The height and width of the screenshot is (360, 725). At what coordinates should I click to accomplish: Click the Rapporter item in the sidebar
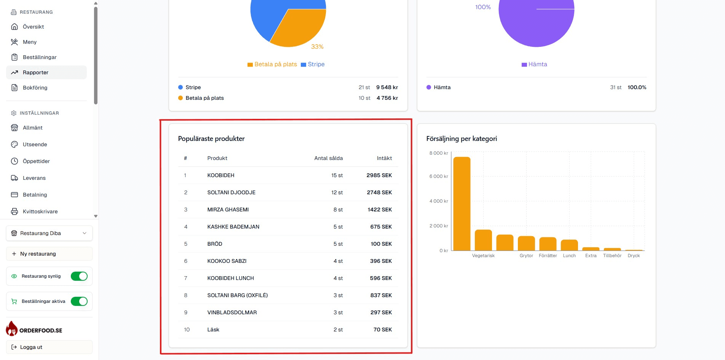click(35, 72)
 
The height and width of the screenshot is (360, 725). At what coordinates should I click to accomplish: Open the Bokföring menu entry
click(35, 88)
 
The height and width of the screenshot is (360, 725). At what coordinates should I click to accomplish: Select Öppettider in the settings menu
click(36, 161)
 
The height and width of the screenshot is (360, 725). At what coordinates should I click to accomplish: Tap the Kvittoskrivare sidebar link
click(40, 211)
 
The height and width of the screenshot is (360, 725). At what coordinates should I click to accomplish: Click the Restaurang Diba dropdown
click(49, 233)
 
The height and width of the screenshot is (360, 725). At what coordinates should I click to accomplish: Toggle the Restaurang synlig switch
click(79, 276)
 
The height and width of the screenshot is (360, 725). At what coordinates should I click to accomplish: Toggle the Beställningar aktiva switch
click(79, 301)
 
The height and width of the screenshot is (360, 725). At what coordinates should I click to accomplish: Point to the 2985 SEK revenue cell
click(379, 175)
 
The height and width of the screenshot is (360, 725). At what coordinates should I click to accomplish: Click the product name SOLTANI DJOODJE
click(231, 192)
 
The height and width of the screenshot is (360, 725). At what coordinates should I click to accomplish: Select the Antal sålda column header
click(328, 158)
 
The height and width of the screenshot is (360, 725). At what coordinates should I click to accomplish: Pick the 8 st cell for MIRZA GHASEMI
click(338, 210)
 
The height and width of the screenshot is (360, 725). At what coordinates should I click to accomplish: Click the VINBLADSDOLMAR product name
click(232, 312)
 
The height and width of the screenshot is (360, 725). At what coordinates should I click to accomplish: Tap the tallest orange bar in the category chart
click(462, 204)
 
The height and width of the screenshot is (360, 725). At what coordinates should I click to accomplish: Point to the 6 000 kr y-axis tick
click(439, 176)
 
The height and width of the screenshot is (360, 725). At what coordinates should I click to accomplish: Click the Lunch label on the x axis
click(569, 256)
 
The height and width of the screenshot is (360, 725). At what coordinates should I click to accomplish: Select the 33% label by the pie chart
click(317, 46)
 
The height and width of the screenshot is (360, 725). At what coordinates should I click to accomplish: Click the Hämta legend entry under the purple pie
click(535, 64)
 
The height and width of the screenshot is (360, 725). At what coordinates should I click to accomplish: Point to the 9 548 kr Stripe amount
click(387, 87)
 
